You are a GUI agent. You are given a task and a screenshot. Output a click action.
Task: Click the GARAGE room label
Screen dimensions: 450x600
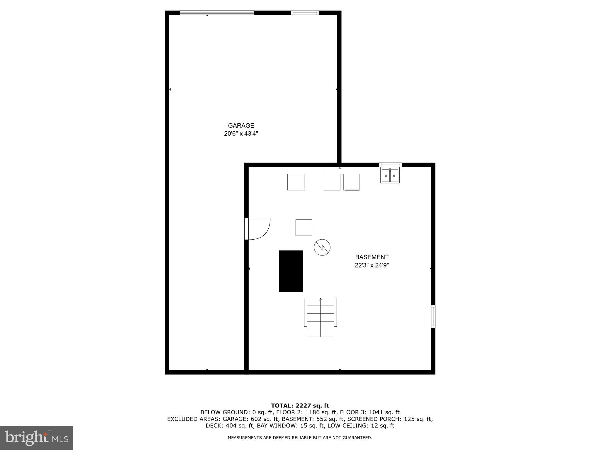click(241, 125)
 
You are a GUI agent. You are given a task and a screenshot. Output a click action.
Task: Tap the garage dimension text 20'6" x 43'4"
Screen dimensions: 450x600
click(241, 134)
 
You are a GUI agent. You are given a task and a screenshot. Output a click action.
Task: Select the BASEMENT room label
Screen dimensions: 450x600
click(372, 257)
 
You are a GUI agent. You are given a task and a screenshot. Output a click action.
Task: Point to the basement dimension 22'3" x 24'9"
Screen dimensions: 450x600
click(372, 265)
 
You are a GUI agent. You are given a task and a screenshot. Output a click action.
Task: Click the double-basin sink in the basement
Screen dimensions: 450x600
click(390, 175)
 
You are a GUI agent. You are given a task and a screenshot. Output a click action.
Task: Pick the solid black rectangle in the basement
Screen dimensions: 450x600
click(291, 271)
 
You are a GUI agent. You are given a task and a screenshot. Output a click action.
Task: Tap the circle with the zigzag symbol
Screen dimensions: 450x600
click(322, 247)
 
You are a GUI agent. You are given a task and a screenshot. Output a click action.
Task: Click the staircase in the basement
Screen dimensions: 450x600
click(321, 318)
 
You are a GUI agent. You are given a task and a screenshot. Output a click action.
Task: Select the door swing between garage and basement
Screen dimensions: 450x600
click(258, 229)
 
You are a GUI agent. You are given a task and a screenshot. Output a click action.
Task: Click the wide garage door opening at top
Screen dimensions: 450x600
click(217, 13)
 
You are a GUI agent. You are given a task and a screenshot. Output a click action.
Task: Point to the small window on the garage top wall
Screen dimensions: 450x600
click(305, 13)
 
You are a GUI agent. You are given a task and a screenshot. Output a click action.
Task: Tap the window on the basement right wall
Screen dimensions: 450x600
click(433, 316)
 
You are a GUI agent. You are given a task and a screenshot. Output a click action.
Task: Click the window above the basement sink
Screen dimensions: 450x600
click(390, 165)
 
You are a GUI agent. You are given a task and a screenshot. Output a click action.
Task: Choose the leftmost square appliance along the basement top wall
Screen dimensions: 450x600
click(296, 182)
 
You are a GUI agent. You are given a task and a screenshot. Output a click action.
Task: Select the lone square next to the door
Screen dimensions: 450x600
click(304, 228)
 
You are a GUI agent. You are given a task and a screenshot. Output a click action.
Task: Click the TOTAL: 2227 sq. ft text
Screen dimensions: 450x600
click(300, 406)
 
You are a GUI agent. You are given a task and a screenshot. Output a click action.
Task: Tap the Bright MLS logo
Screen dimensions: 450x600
click(37, 438)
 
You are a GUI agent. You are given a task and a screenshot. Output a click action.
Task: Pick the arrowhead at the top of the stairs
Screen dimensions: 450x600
click(321, 300)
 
